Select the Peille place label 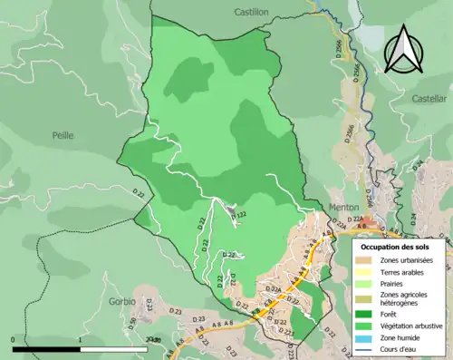[63, 135]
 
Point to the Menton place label [343, 207]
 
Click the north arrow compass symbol [403, 47]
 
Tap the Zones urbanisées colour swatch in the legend [367, 261]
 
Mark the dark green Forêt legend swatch [367, 313]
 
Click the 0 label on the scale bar [14, 339]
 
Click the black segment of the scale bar [47, 347]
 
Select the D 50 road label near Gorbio [132, 321]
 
